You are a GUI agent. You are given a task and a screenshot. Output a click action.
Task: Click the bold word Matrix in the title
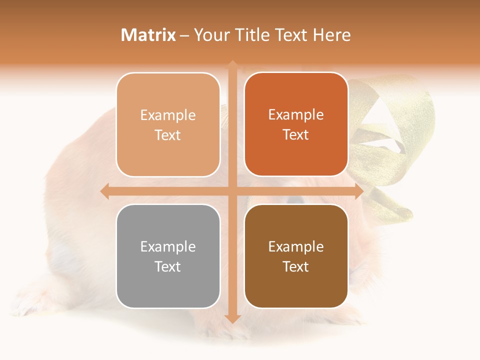click(148, 35)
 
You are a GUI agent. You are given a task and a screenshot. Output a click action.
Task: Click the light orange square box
click(168, 124)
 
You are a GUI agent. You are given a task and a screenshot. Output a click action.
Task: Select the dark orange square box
click(296, 124)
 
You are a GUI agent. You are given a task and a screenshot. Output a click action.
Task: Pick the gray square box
click(168, 256)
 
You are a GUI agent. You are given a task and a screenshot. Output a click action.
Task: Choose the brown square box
click(296, 256)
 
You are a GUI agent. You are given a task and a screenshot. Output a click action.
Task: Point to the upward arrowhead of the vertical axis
click(232, 65)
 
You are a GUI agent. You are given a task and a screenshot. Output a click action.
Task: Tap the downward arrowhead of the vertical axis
click(232, 318)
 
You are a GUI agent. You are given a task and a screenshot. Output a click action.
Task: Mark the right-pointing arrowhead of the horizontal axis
click(358, 191)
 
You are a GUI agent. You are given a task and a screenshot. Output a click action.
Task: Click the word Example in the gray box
click(168, 246)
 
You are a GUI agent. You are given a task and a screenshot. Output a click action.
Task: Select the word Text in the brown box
click(296, 266)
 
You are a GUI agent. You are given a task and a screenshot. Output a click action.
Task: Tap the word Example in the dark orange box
click(296, 115)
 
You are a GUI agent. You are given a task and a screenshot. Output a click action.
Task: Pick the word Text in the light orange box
click(168, 135)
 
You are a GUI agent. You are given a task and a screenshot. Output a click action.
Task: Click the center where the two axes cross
click(232, 191)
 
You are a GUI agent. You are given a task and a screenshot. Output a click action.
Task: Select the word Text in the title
click(290, 35)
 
